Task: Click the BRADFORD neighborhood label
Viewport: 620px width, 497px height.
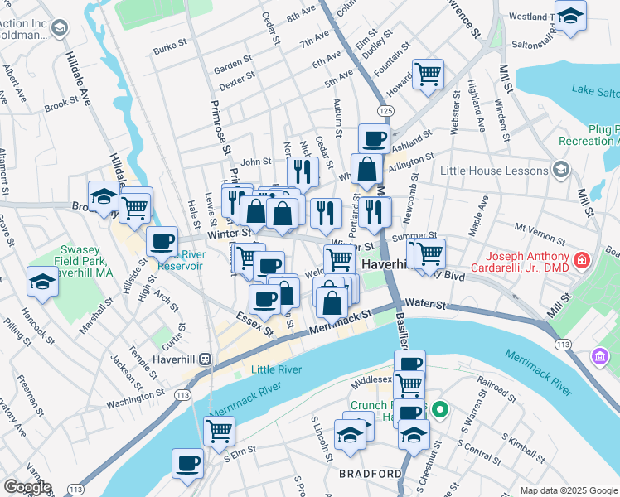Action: [370, 474]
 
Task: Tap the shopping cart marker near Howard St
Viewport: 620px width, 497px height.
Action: [428, 74]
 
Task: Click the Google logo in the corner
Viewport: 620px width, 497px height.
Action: [27, 487]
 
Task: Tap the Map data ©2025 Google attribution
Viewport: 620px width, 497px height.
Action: [568, 490]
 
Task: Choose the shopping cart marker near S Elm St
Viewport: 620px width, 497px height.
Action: [220, 429]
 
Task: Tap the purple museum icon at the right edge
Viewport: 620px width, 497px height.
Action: [601, 356]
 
